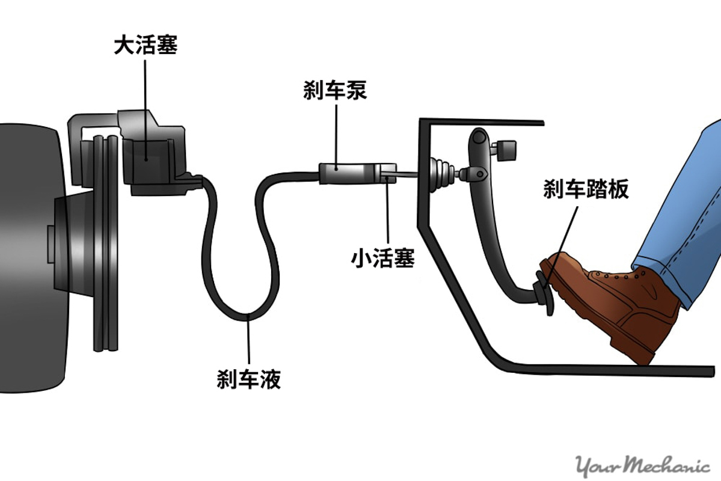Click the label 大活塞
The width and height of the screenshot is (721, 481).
[146, 46]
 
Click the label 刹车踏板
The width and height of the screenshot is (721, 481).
[586, 189]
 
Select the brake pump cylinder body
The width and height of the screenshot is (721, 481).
[349, 173]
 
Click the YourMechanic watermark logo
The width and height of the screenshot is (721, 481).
[642, 465]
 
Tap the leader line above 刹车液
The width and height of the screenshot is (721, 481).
[248, 343]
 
